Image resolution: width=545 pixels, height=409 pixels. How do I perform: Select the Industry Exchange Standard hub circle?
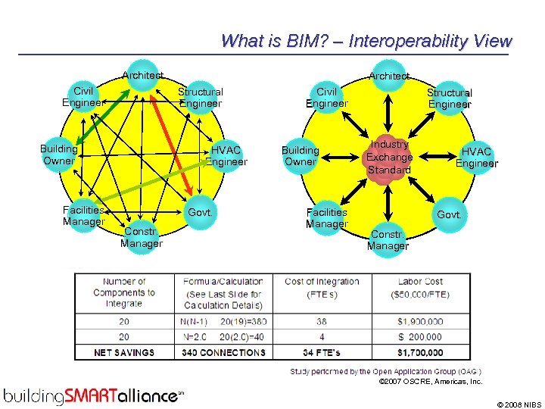point(388,158)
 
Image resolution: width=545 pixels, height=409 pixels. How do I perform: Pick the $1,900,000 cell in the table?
point(420,322)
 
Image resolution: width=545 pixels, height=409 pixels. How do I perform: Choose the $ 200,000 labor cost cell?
point(420,337)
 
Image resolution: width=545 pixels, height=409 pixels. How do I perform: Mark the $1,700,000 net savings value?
point(420,352)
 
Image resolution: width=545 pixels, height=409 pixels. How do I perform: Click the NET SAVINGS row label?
point(124,352)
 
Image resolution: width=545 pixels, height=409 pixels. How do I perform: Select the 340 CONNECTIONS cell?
point(224,352)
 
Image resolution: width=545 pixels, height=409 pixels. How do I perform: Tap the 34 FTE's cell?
point(322,352)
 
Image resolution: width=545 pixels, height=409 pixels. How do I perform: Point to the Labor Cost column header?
point(420,287)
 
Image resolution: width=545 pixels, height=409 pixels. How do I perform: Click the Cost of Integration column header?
point(322,287)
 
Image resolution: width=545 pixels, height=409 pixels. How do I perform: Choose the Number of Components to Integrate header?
point(124,292)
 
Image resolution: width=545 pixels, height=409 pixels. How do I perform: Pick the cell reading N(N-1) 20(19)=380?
point(224,322)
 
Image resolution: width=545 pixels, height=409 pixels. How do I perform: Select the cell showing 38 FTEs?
point(322,322)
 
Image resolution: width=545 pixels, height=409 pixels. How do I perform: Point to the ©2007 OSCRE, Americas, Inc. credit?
point(431,382)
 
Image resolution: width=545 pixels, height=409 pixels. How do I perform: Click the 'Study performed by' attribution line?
point(386,371)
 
